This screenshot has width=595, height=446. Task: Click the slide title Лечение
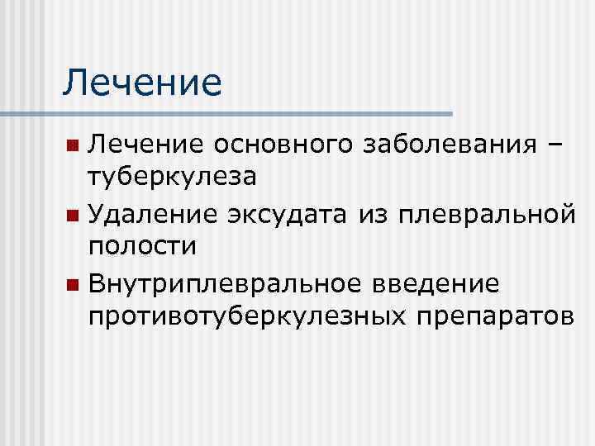[142, 83]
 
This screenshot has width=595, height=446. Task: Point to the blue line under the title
[248, 112]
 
